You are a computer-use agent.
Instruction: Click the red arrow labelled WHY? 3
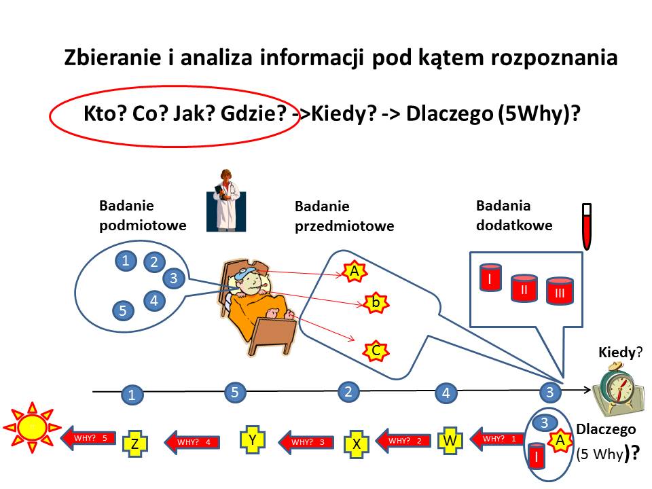pos(306,441)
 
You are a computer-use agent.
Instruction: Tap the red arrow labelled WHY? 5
pos(88,437)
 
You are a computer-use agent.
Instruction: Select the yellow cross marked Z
pos(134,444)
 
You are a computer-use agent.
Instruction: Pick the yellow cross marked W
pos(450,440)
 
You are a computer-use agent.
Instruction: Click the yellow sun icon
pos(32,427)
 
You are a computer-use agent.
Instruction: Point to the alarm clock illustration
pos(618,388)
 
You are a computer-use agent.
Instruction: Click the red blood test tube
pos(587,226)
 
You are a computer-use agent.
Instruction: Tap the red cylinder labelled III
pos(560,291)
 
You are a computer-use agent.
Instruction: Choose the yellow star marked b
pos(376,303)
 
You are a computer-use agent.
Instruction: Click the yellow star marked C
pos(376,350)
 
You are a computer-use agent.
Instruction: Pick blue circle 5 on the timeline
pos(235,392)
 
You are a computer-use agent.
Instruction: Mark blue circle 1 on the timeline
pos(132,395)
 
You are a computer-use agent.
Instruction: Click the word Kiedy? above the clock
pos(620,352)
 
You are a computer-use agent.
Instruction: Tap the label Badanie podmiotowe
pos(143,215)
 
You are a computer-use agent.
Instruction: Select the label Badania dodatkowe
pos(514,215)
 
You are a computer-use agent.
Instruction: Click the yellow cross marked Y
pos(253,439)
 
